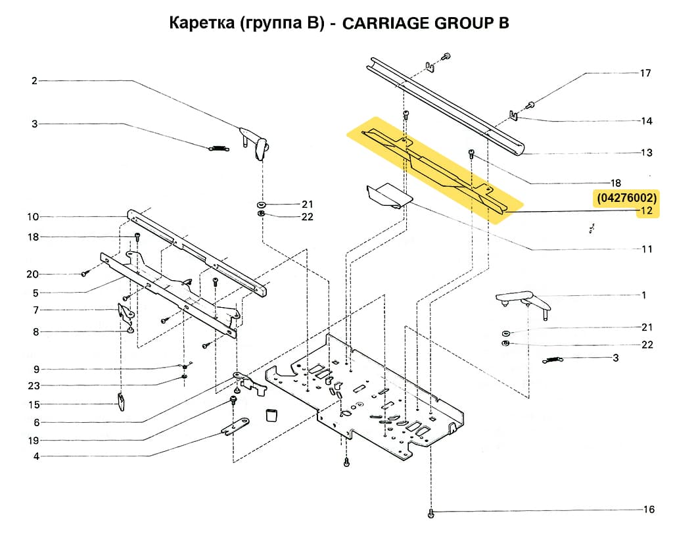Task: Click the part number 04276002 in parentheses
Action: click(626, 197)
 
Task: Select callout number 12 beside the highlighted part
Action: click(646, 211)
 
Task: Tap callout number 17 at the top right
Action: click(646, 73)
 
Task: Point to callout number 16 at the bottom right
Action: click(648, 510)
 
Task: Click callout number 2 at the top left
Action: click(34, 81)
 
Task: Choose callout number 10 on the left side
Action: click(34, 217)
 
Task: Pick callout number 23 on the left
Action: click(34, 385)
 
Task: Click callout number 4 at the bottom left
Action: click(35, 456)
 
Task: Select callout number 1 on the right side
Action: click(644, 295)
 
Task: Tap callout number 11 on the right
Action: click(647, 249)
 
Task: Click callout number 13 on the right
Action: click(647, 153)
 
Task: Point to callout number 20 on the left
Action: click(34, 274)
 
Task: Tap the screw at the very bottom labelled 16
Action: click(431, 512)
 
